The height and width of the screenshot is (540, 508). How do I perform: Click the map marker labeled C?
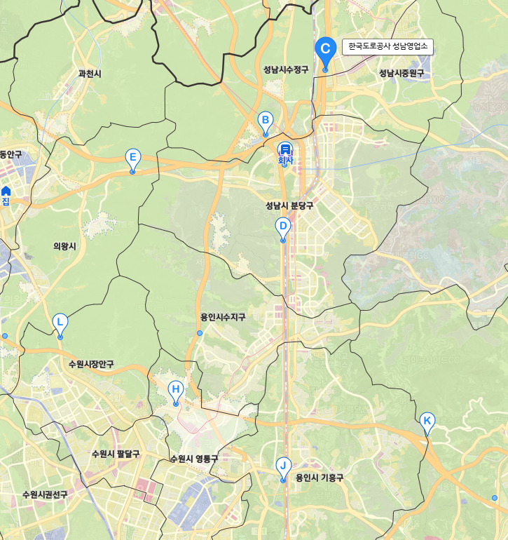(324, 49)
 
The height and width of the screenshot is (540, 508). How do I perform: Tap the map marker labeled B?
(265, 121)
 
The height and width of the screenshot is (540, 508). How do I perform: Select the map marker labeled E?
(132, 158)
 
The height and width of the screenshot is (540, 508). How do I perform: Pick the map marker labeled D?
(282, 227)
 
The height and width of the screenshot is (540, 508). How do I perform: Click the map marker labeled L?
(60, 323)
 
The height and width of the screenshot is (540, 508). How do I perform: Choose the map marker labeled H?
(176, 390)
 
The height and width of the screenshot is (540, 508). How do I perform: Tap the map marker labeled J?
(283, 466)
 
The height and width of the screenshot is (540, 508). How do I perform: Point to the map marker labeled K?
(427, 421)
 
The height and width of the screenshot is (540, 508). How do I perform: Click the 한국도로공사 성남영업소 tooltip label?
(387, 47)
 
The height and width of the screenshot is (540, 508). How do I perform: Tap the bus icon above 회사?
(284, 149)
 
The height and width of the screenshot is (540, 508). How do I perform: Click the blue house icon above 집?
(6, 191)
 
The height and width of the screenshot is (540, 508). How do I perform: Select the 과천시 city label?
(90, 73)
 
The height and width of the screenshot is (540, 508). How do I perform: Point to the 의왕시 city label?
(64, 245)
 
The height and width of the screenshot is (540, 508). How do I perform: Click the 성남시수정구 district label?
(286, 69)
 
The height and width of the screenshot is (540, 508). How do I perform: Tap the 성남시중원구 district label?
(401, 73)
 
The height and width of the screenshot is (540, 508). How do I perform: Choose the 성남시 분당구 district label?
(289, 205)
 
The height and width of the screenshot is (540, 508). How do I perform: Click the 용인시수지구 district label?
(223, 317)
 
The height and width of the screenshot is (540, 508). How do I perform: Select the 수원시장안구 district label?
(91, 365)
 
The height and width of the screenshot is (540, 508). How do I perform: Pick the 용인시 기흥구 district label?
(320, 478)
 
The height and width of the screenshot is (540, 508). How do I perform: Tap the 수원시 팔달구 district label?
(116, 454)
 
